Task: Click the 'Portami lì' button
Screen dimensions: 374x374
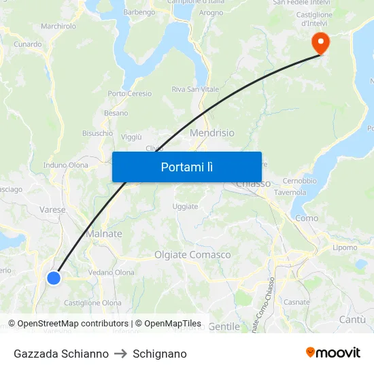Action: (x=186, y=167)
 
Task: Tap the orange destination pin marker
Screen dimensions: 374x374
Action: (x=320, y=43)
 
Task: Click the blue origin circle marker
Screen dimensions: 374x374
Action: (x=54, y=277)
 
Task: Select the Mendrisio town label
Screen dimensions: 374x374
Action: (x=212, y=133)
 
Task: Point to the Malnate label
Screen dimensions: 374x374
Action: (x=104, y=234)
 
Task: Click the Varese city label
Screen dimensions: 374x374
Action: (x=52, y=210)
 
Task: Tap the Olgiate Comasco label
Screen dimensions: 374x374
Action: (x=192, y=255)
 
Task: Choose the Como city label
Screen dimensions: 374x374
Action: (x=307, y=218)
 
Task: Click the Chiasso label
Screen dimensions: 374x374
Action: (x=253, y=184)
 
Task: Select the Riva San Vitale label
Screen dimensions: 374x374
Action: (x=194, y=90)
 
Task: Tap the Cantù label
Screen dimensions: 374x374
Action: (x=352, y=320)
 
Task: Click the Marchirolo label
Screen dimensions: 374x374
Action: (x=58, y=27)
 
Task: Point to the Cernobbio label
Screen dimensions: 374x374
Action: (x=299, y=181)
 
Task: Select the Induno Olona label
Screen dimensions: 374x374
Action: (x=66, y=165)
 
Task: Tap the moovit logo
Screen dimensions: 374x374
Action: (x=333, y=353)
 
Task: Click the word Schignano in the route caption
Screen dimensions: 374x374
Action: (x=160, y=354)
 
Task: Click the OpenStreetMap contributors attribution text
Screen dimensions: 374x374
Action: (x=69, y=324)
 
